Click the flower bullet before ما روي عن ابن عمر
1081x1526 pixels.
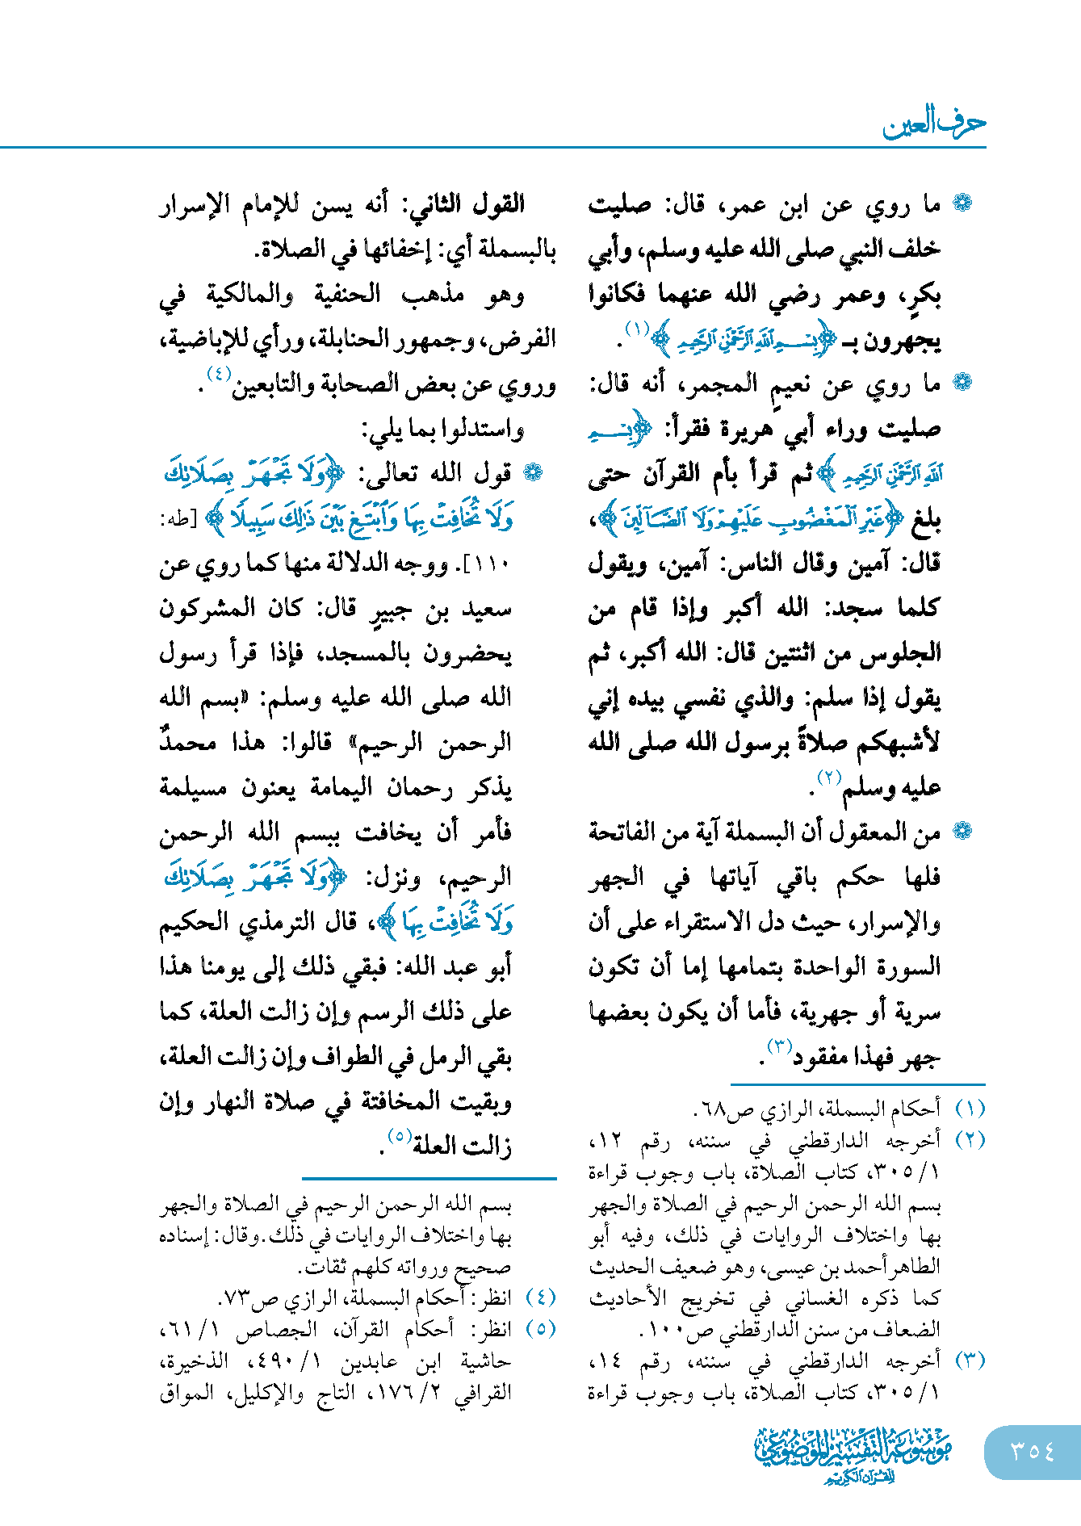tap(962, 203)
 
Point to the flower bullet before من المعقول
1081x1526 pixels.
tap(962, 831)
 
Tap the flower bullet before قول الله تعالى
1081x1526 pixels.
tap(533, 473)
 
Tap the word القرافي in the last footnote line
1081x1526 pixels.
tap(483, 1393)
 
